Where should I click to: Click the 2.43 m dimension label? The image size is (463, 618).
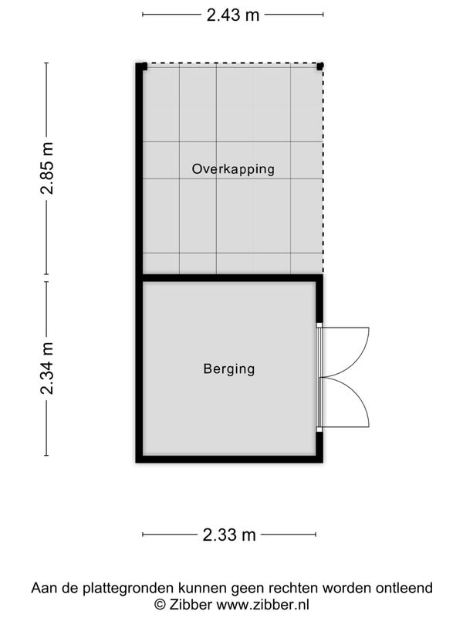[x=233, y=15]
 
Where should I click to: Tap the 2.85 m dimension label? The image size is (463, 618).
[x=47, y=168]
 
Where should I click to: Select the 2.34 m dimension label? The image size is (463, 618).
[x=47, y=368]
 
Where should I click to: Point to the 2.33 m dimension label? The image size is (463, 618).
[x=229, y=535]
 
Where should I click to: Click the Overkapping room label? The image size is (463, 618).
[x=233, y=168]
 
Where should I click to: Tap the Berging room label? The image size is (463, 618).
[x=229, y=369]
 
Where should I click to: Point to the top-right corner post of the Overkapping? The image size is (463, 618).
[x=320, y=66]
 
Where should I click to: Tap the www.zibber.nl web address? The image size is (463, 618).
[x=263, y=604]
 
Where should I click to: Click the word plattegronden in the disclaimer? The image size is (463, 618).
[x=128, y=588]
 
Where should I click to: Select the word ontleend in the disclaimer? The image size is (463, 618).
[x=404, y=588]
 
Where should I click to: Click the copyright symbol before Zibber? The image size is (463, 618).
[x=160, y=605]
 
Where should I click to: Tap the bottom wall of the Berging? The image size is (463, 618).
[x=229, y=459]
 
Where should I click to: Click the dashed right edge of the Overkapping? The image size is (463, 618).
[x=323, y=169]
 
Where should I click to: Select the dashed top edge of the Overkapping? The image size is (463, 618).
[x=232, y=63]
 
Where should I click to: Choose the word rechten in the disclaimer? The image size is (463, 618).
[x=294, y=588]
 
